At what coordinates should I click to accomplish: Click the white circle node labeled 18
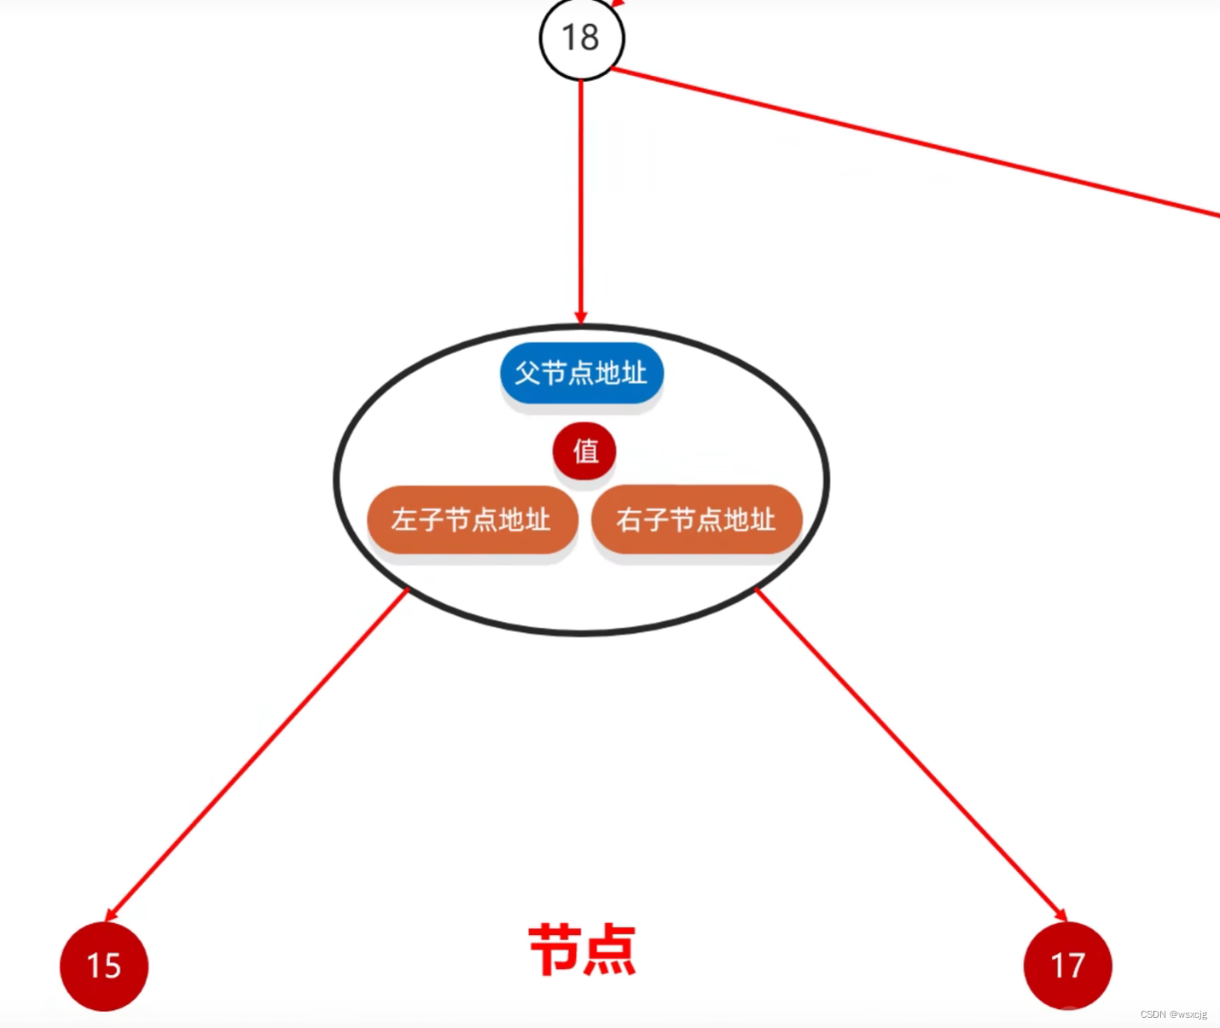(x=582, y=39)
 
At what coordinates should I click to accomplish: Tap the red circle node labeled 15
(x=104, y=966)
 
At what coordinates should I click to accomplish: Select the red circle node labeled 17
(x=1067, y=966)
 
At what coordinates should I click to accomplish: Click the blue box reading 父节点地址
(x=582, y=374)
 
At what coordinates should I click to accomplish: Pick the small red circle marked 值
(x=584, y=450)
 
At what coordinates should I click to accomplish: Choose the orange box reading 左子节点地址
(x=472, y=520)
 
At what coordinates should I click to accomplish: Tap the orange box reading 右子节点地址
(x=696, y=520)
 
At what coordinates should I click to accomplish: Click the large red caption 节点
(x=583, y=950)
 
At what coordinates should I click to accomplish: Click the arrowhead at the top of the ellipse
(x=581, y=318)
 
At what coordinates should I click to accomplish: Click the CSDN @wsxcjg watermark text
(x=1173, y=1014)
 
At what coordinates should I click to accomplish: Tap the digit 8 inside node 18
(x=590, y=38)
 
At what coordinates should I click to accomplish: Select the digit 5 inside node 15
(x=113, y=967)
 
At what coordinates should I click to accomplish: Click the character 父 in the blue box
(x=527, y=373)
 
